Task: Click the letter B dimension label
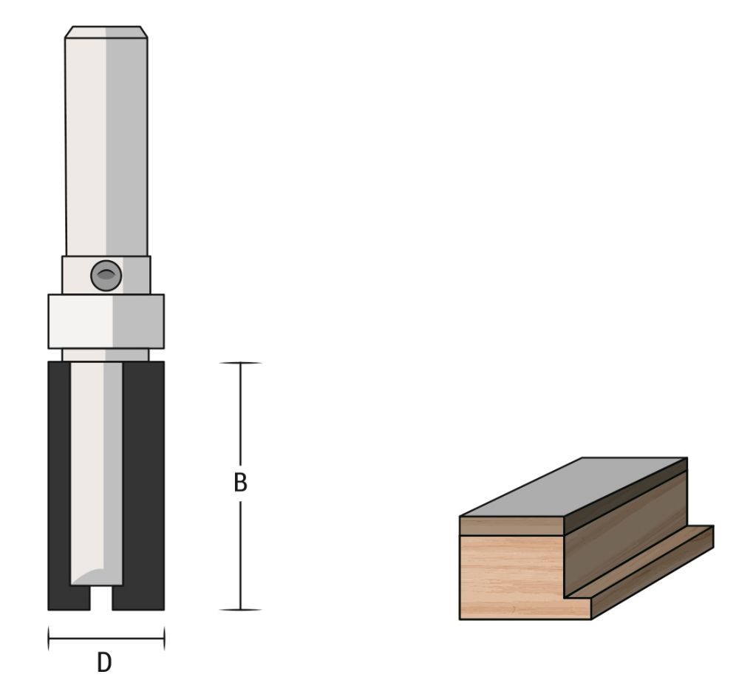[240, 483]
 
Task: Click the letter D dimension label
[105, 662]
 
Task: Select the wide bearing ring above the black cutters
[106, 321]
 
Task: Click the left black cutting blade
[58, 480]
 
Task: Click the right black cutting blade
[143, 480]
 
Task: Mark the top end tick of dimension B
[240, 363]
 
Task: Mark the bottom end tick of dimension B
[240, 610]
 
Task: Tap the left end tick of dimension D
[49, 638]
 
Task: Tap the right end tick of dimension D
[164, 638]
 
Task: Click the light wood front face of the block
[510, 577]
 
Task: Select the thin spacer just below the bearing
[106, 355]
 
